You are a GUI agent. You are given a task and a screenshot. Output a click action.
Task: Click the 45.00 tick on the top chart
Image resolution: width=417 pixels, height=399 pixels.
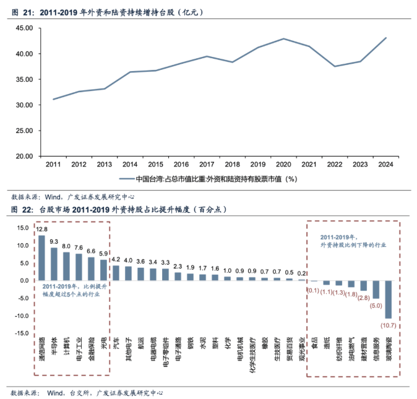coord(24,28)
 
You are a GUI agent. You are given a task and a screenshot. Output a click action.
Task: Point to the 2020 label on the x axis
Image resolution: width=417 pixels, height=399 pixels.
coord(283,164)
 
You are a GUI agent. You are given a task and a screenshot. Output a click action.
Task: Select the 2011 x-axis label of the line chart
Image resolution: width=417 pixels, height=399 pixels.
coord(53,164)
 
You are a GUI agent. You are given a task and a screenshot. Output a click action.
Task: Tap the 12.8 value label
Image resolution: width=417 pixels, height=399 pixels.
coord(41,229)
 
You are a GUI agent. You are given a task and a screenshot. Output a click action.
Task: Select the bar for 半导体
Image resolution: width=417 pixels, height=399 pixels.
coord(54,264)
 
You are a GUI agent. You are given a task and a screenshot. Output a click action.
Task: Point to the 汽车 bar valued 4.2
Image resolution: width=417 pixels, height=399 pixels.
coord(116,273)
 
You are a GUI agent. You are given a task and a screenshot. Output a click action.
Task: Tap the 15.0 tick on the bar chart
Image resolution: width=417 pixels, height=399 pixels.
coord(23,228)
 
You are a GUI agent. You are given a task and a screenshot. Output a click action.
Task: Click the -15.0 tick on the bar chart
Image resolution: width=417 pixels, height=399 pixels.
coord(22,333)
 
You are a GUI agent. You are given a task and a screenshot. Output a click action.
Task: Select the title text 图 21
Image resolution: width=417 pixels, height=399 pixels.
coord(20,11)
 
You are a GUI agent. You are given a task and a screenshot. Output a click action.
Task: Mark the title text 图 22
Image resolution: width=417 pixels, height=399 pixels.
coord(20,209)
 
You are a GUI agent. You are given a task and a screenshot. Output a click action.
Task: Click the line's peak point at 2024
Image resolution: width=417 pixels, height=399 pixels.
coord(386,38)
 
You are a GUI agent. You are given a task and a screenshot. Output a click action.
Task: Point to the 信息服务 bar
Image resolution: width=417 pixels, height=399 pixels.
coord(376,290)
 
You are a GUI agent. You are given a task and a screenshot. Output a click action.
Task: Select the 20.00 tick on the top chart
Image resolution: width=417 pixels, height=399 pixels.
coord(24,156)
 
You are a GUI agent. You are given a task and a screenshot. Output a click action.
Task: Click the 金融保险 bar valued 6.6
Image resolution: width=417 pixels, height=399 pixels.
coord(91,268)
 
